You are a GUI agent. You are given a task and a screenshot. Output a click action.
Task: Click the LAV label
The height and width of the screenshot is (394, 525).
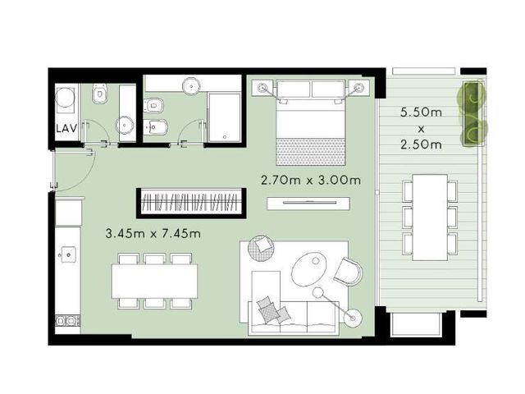66,128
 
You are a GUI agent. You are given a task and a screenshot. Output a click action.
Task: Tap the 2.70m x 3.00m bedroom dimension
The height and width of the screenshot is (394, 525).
311,181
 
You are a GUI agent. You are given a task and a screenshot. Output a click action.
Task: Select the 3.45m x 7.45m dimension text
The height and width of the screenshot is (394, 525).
153,233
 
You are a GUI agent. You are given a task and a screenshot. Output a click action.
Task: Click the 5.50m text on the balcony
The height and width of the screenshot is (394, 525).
421,112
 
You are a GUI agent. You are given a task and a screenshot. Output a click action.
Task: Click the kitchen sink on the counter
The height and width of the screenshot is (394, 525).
68,255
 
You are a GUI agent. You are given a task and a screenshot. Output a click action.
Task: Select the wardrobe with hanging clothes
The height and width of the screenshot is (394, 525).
191,203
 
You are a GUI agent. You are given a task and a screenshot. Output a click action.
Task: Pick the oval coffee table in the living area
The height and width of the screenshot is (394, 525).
309,269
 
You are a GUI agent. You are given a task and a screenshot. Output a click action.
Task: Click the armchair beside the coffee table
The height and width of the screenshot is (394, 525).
348,271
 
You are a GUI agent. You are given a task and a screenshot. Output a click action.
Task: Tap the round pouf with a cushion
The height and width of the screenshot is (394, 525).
261,248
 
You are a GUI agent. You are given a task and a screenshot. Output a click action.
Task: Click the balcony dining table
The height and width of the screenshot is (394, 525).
430,217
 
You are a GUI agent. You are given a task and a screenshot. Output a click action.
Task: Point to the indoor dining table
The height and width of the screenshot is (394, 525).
154,281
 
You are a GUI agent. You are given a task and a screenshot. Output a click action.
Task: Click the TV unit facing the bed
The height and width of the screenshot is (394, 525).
308,204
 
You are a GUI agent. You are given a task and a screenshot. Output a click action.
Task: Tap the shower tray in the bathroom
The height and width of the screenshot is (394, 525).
224,117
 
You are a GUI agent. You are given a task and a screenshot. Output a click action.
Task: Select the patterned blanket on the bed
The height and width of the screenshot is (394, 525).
310,151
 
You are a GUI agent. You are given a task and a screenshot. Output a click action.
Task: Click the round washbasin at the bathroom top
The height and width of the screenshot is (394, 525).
191,85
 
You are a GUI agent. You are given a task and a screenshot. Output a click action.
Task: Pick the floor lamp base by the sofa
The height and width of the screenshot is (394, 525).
353,318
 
